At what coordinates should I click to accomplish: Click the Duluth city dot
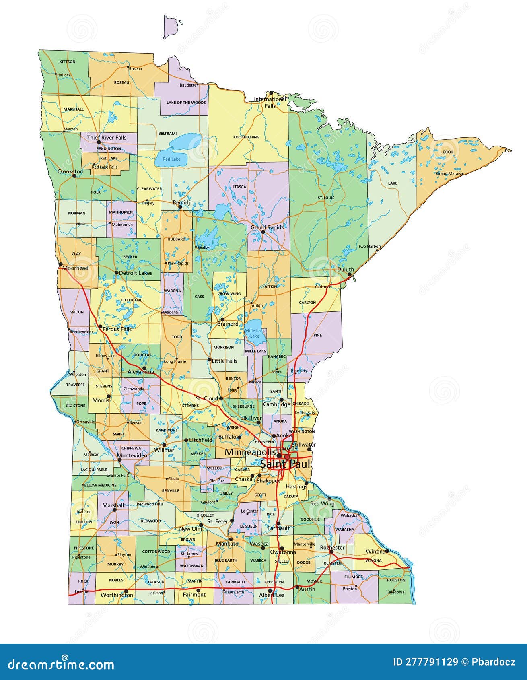point(350,274)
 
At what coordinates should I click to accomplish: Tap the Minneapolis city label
point(250,452)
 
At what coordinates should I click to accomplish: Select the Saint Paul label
point(285,464)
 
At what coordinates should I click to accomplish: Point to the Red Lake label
point(171,159)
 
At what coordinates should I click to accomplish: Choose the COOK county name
point(448,152)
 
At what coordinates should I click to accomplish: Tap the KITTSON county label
point(67,62)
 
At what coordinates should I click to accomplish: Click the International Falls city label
point(270,102)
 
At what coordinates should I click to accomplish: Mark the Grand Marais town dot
point(463,174)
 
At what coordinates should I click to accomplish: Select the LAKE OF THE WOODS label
point(186,103)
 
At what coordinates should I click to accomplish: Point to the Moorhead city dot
point(60,264)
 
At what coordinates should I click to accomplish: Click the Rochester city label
point(332,548)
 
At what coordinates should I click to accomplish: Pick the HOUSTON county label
point(396,580)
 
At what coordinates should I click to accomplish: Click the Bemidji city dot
point(180,207)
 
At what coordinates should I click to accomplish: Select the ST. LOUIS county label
point(326,198)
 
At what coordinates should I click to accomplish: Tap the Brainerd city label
point(228,324)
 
